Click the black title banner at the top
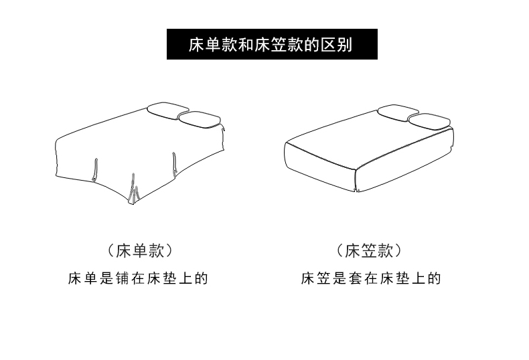(272, 44)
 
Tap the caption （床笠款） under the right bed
(370, 251)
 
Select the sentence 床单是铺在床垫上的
(138, 278)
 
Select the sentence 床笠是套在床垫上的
(370, 278)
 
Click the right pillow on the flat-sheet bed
(200, 119)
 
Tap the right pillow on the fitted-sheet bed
(429, 121)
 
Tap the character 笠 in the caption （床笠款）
(370, 251)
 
